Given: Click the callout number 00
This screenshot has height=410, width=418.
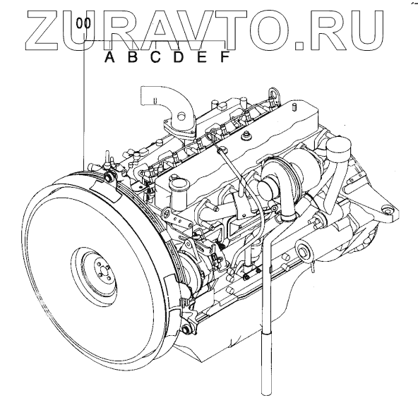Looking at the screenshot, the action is tap(83, 23).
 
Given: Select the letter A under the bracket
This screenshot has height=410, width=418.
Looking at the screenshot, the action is tap(109, 56).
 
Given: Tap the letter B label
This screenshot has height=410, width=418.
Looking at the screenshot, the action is tap(133, 56).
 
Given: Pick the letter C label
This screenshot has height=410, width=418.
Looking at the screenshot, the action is tap(155, 56).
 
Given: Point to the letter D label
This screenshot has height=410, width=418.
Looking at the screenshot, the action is tap(179, 56).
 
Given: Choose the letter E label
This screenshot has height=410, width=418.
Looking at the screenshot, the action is tap(202, 56).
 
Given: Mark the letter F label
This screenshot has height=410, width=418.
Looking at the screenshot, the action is tap(225, 56).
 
